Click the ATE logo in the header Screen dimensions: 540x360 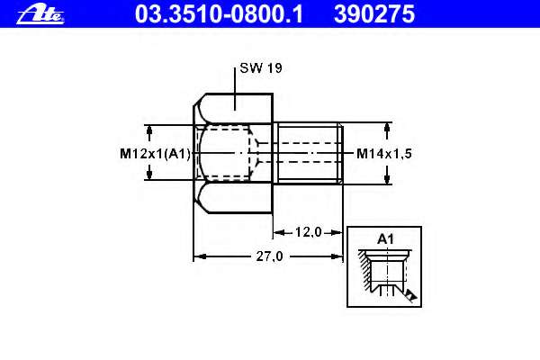pyautogui.click(x=40, y=14)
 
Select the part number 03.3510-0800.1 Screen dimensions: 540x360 pyautogui.click(x=219, y=14)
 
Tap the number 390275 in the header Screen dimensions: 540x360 pyautogui.click(x=374, y=14)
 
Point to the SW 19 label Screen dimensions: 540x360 pyautogui.click(x=261, y=67)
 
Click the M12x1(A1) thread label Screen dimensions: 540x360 pyautogui.click(x=155, y=154)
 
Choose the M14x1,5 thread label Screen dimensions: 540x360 pyautogui.click(x=384, y=154)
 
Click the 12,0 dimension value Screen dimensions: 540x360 pyautogui.click(x=308, y=232)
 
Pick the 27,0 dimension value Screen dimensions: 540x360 pyautogui.click(x=269, y=256)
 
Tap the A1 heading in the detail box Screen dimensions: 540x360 pyautogui.click(x=385, y=239)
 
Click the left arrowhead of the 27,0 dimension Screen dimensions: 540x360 pyautogui.click(x=200, y=256)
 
